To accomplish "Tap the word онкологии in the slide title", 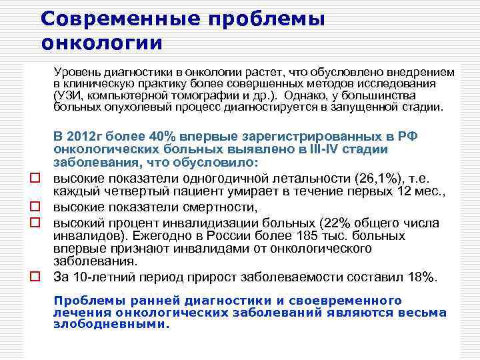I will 101,44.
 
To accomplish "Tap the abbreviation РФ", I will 407,137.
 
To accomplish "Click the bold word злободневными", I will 111,325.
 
